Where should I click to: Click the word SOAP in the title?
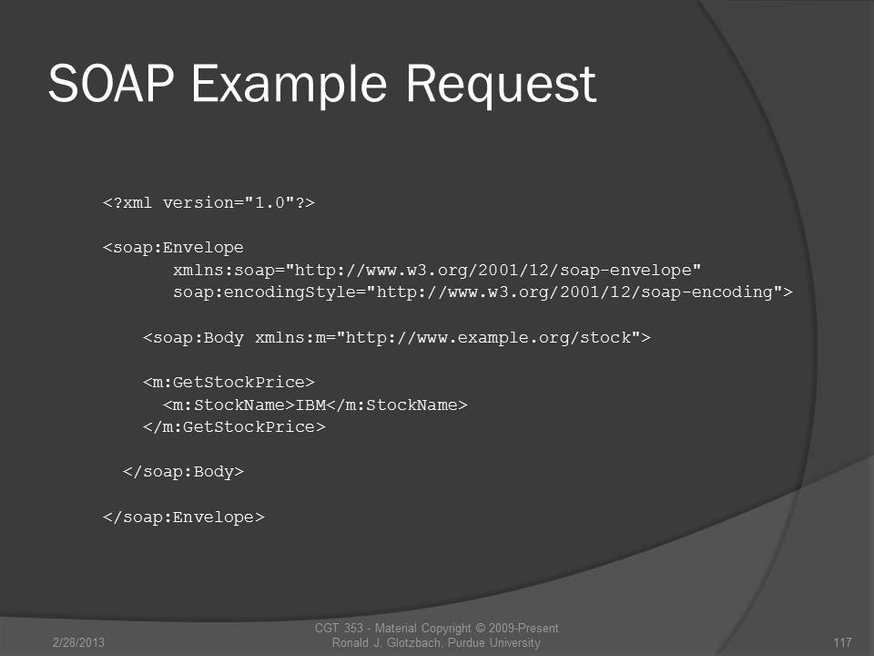pyautogui.click(x=111, y=83)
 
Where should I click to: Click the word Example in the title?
pyautogui.click(x=290, y=86)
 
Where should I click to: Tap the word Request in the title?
pyautogui.click(x=501, y=86)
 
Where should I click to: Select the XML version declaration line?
pyautogui.click(x=209, y=202)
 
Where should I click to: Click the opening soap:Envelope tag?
pyautogui.click(x=173, y=248)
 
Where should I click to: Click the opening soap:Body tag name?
pyautogui.click(x=193, y=338)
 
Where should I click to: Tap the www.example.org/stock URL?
pyautogui.click(x=488, y=338)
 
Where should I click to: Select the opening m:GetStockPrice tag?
pyautogui.click(x=229, y=383)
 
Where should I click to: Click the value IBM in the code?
pyautogui.click(x=310, y=405)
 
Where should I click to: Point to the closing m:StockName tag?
pyautogui.click(x=397, y=405)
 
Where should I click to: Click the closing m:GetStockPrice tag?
pyautogui.click(x=234, y=427)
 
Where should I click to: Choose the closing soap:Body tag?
pyautogui.click(x=183, y=472)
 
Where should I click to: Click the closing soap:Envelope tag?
pyautogui.click(x=183, y=518)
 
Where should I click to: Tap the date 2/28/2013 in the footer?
pyautogui.click(x=78, y=642)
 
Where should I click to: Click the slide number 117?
pyautogui.click(x=842, y=642)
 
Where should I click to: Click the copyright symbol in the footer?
pyautogui.click(x=480, y=628)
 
